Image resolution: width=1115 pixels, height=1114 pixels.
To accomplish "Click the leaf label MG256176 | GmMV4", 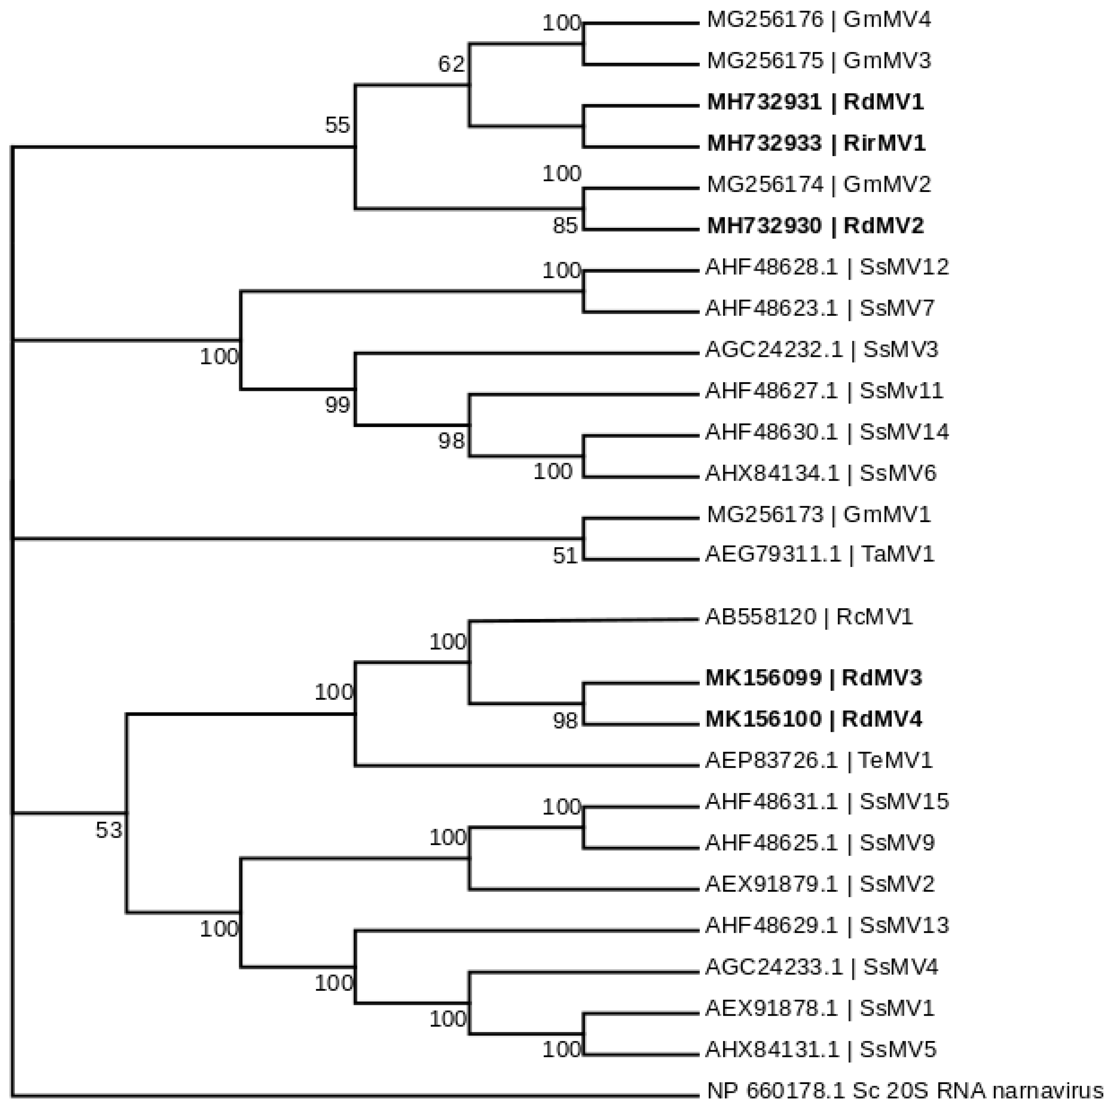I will (818, 20).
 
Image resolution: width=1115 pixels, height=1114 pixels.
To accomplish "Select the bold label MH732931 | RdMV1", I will (815, 102).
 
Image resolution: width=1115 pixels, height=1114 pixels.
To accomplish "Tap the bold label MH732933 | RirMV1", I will (816, 143).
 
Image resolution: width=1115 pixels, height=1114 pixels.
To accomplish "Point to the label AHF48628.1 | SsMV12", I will (826, 267).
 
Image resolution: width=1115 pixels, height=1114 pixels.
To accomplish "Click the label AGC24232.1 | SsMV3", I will (821, 349).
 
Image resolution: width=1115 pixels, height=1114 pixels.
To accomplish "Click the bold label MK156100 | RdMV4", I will (814, 719).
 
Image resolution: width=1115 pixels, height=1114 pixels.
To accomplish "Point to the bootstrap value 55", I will (337, 125).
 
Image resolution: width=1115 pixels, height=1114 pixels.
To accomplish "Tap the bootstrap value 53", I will (109, 830).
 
